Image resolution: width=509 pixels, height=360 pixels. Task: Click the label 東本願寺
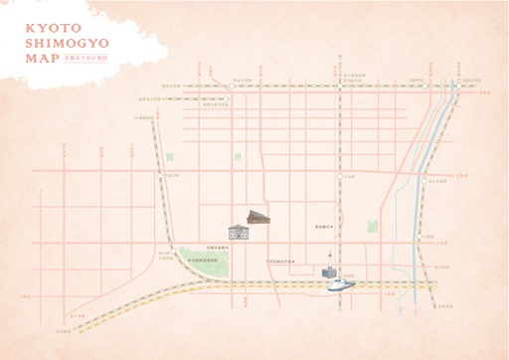click(321, 226)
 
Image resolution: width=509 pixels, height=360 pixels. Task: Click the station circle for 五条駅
click(339, 176)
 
